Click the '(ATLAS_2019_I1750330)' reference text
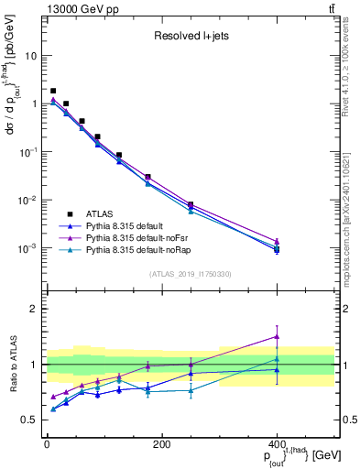pos(189,273)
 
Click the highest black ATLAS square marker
pos(53,91)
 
